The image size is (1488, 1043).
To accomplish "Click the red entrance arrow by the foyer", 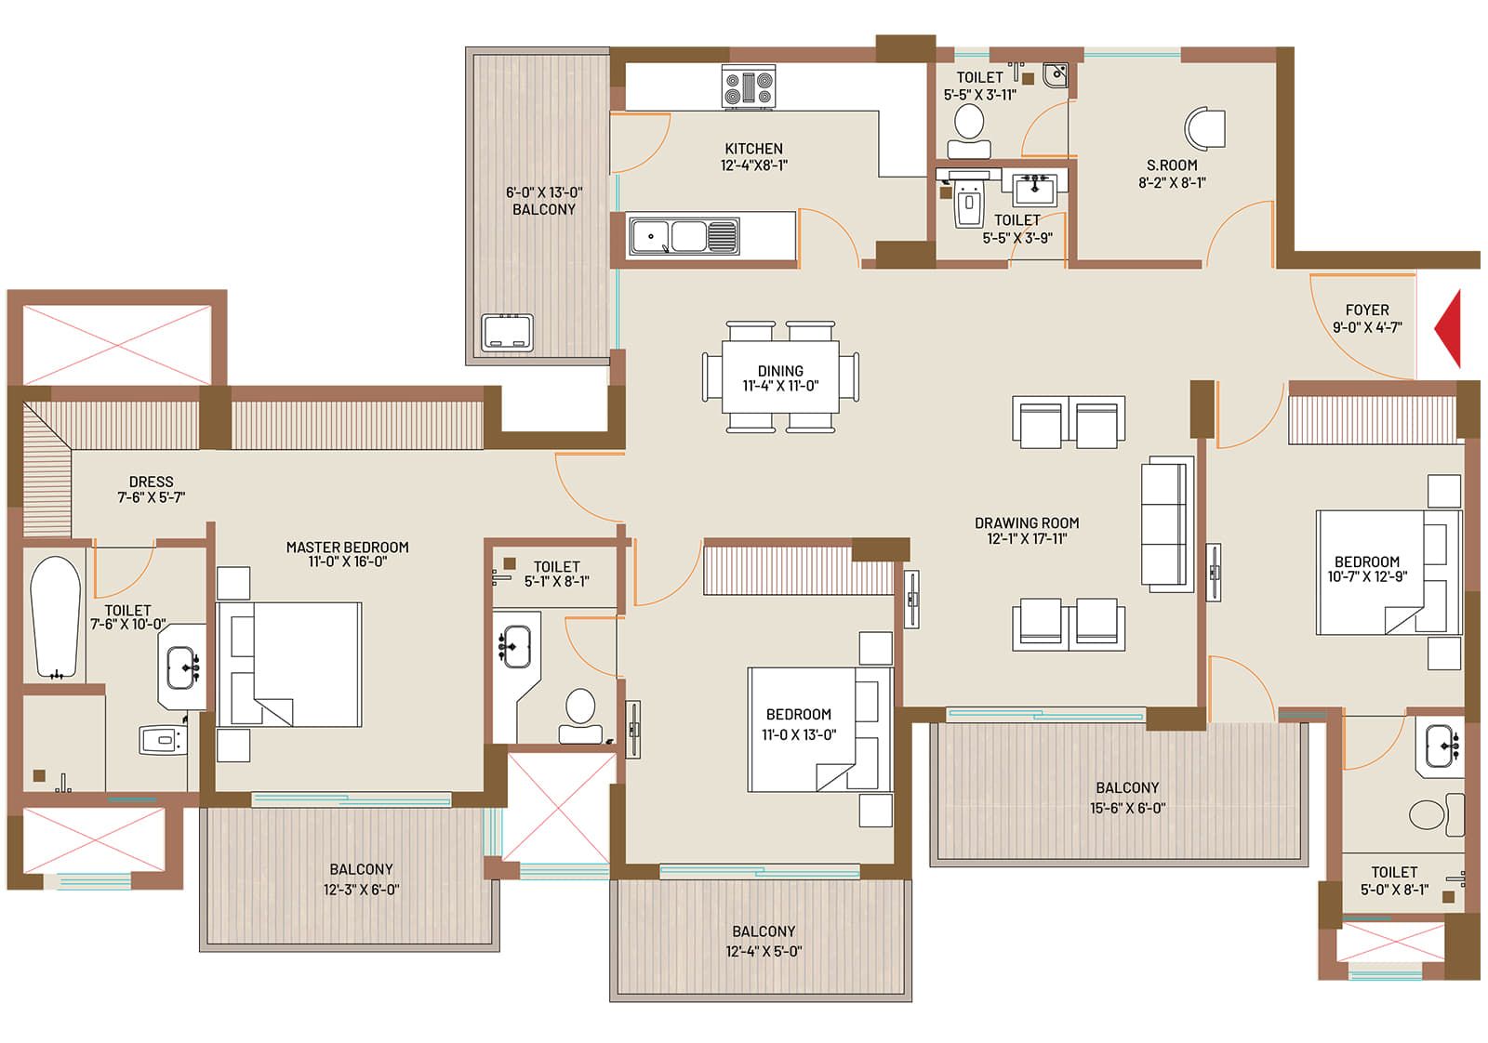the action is (x=1449, y=329).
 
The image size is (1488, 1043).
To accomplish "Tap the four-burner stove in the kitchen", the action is (x=749, y=87).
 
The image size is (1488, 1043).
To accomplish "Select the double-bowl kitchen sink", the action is (x=684, y=236).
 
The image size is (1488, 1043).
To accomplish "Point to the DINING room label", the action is (x=780, y=371).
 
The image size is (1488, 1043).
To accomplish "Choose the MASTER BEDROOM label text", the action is (x=348, y=547).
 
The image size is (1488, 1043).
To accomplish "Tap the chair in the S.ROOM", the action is (x=1205, y=128).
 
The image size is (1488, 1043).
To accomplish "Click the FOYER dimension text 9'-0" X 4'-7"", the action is (x=1367, y=327).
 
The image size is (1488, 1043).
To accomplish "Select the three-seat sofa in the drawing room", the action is (x=1167, y=523).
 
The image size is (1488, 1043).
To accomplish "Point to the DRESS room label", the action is (x=151, y=482).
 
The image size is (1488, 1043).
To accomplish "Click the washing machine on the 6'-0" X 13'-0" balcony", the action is (x=508, y=333).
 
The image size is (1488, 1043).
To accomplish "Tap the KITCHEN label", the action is (x=753, y=148).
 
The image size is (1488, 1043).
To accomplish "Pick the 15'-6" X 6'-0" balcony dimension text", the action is (x=1127, y=808).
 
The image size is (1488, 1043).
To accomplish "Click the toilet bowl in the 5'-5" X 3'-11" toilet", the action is (x=969, y=131).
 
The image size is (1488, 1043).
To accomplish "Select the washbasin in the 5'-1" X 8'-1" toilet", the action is (x=515, y=646).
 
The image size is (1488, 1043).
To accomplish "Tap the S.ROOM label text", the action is (x=1172, y=165).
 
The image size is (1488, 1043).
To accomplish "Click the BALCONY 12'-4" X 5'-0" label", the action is (x=764, y=941).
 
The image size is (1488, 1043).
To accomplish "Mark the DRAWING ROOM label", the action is (x=1027, y=522).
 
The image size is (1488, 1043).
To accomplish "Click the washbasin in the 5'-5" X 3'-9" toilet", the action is (x=1035, y=190).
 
